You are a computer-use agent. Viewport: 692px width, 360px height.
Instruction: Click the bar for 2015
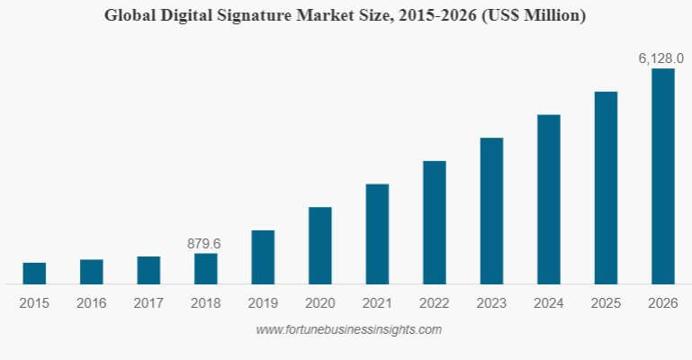pyautogui.click(x=34, y=274)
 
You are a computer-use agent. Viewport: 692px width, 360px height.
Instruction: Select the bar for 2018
pyautogui.click(x=205, y=269)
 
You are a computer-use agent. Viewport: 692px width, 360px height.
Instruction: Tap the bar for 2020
pyautogui.click(x=319, y=246)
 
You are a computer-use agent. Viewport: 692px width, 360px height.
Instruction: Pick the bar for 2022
pyautogui.click(x=434, y=222)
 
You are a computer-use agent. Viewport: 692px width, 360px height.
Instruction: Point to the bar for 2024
pyautogui.click(x=548, y=199)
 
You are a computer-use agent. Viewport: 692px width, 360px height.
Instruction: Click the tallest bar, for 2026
pyautogui.click(x=662, y=176)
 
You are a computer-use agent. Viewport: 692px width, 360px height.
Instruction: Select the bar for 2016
pyautogui.click(x=91, y=272)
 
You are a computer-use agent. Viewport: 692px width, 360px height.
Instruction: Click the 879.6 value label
pyautogui.click(x=204, y=243)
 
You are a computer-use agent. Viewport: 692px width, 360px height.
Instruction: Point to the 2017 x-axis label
pyautogui.click(x=148, y=303)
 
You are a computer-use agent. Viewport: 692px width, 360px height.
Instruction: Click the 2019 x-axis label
pyautogui.click(x=263, y=303)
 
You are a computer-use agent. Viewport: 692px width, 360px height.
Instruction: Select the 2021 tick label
pyautogui.click(x=377, y=303)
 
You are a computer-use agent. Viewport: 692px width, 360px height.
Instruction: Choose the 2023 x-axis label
pyautogui.click(x=491, y=303)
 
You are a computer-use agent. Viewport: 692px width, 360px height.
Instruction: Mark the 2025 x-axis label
pyautogui.click(x=606, y=303)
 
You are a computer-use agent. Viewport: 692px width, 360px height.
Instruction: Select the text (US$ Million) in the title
pyautogui.click(x=536, y=15)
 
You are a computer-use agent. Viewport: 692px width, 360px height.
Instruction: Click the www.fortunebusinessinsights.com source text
pyautogui.click(x=348, y=329)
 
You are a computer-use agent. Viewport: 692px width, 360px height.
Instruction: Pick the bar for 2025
pyautogui.click(x=606, y=187)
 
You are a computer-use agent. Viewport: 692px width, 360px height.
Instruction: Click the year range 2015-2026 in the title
pyautogui.click(x=438, y=15)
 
